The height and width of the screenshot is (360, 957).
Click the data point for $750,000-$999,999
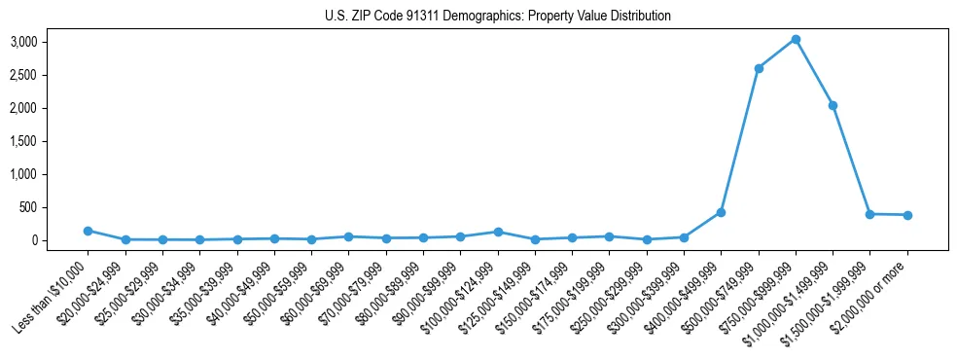click(796, 40)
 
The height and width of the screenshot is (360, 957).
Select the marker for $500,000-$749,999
click(759, 68)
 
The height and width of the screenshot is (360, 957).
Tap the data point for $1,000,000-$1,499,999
click(833, 105)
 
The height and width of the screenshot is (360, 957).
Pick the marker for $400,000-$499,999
click(721, 212)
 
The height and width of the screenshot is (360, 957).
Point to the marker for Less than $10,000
click(88, 231)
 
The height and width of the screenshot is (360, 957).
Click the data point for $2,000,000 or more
click(907, 215)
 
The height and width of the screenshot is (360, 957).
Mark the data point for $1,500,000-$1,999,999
click(870, 214)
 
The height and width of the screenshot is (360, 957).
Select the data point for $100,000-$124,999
click(498, 232)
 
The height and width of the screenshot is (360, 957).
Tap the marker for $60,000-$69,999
click(348, 236)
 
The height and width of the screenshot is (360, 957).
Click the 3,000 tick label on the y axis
click(23, 42)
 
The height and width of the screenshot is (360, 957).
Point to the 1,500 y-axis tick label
click(23, 141)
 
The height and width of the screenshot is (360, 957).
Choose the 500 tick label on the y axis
click(28, 207)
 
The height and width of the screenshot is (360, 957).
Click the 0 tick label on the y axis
click(33, 240)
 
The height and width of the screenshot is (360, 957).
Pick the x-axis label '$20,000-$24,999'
click(90, 293)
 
